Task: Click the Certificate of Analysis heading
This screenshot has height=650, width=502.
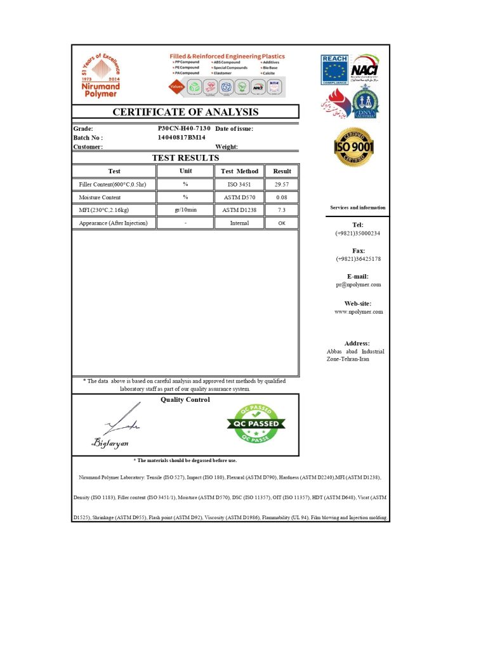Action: tap(185, 112)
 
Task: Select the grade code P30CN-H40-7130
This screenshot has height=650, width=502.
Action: tap(184, 128)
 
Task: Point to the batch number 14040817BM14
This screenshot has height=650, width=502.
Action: tap(182, 137)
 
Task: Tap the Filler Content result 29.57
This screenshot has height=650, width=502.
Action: tap(282, 184)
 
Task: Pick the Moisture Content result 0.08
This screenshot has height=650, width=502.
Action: tap(282, 197)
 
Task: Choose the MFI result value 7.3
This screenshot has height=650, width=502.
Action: tap(282, 210)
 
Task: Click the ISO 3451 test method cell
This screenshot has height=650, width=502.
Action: tap(239, 184)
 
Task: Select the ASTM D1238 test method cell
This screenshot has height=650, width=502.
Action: tap(239, 210)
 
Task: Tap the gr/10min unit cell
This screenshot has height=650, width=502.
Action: tap(185, 210)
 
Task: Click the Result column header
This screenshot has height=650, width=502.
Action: tap(282, 171)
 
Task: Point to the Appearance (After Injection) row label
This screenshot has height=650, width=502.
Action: tap(114, 223)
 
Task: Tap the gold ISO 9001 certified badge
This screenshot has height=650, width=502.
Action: tap(354, 147)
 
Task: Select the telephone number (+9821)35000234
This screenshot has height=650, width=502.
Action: tap(357, 234)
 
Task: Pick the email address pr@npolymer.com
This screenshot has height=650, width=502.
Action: tap(358, 284)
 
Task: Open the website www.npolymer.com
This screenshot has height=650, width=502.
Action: tap(358, 312)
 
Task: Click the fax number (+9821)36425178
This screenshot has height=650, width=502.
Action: tap(358, 259)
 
